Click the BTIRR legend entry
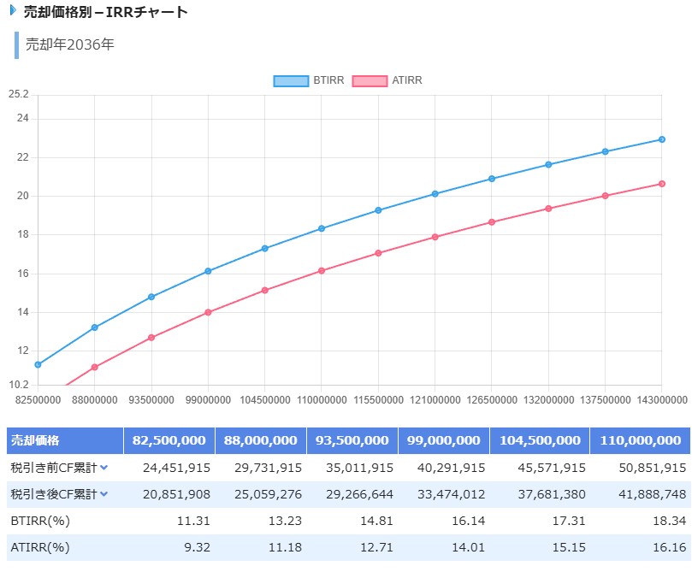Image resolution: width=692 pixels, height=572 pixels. point(309,80)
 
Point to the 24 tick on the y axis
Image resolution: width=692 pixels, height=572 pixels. point(23,118)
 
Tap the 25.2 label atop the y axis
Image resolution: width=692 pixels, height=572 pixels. point(18,93)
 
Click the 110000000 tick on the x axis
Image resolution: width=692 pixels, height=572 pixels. point(322,399)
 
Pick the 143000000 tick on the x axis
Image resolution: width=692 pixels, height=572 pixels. point(661,399)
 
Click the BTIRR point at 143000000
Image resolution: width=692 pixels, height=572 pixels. point(662,139)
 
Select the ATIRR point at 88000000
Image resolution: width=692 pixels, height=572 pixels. point(95,368)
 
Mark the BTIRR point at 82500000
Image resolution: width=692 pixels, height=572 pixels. point(38,364)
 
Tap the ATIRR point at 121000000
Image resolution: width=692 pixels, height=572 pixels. point(435,237)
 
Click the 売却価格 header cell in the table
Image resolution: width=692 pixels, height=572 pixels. point(35,440)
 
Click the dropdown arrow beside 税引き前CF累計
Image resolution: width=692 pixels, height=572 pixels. point(104,468)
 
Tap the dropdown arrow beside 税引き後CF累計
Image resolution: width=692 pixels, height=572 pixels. point(104,493)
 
